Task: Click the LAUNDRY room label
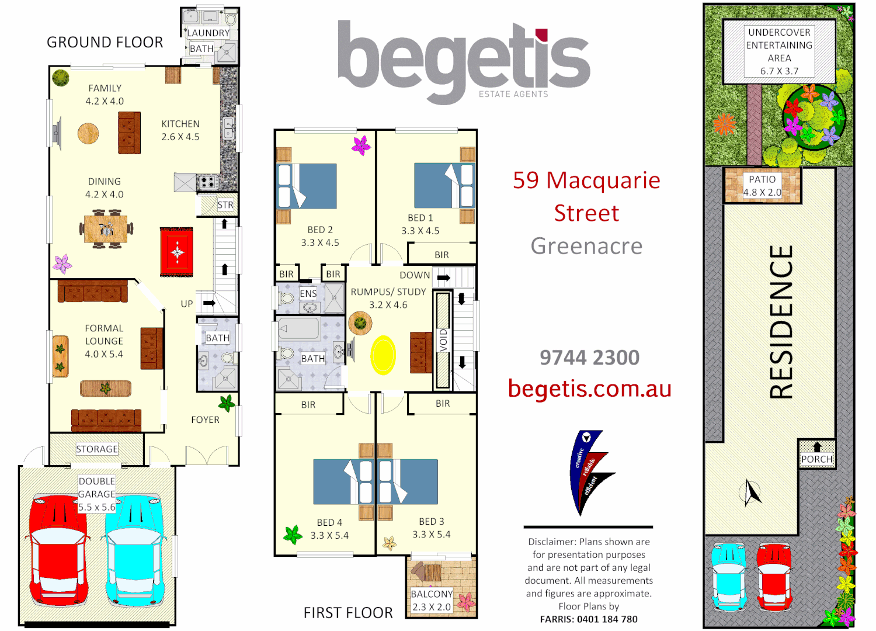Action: pos(208,33)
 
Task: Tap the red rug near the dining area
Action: pos(176,252)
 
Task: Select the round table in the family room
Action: pos(88,133)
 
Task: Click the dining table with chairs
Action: pos(106,229)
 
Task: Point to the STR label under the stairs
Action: pos(225,205)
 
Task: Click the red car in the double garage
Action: pos(58,549)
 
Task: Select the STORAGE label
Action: pos(97,449)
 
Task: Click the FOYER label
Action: pos(205,419)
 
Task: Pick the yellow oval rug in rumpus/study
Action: pos(383,355)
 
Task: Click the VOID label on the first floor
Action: pos(443,340)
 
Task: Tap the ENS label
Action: pos(308,293)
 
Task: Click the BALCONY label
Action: pos(432,594)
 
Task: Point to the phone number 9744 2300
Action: pos(589,358)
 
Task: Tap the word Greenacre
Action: pos(586,246)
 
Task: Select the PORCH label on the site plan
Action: pos(816,459)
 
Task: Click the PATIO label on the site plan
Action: pos(762,179)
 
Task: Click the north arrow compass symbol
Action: pos(752,493)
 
